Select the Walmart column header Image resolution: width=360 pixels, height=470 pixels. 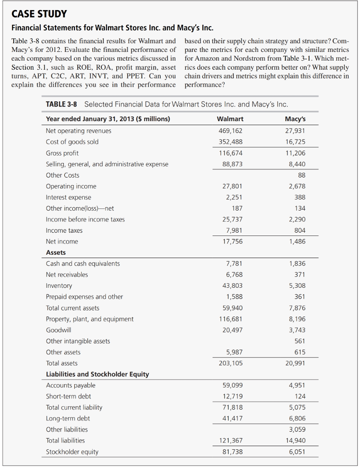[x=230, y=119]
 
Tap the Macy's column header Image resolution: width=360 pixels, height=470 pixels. [x=295, y=119]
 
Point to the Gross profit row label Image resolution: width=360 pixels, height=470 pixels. [x=62, y=153]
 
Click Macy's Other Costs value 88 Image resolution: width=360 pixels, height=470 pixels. [x=301, y=175]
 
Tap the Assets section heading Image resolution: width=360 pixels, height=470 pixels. [x=56, y=252]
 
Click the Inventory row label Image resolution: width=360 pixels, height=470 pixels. [x=59, y=285]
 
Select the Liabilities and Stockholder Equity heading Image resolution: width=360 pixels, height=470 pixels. [x=97, y=374]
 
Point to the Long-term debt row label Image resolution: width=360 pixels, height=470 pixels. [x=68, y=418]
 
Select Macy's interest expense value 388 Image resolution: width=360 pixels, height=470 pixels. [x=299, y=197]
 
